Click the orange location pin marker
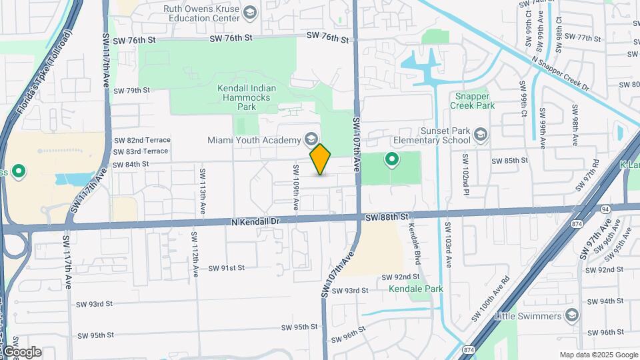321,159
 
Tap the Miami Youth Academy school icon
310,139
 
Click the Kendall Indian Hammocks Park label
246,97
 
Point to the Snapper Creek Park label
472,100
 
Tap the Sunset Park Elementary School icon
480,136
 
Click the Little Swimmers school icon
571,315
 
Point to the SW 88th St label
386,217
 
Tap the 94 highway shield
605,209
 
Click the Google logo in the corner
21,352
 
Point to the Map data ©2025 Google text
598,355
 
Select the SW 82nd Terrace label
142,140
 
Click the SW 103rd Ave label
447,245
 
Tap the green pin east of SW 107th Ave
391,159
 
